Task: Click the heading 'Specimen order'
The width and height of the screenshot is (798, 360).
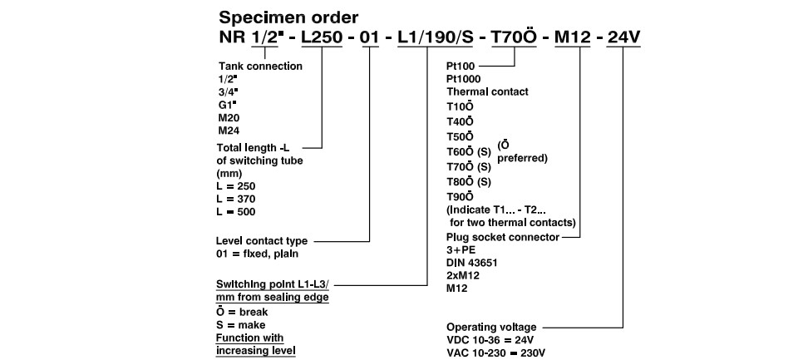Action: coord(288,18)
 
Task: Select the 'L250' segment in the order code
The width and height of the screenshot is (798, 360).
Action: coord(322,37)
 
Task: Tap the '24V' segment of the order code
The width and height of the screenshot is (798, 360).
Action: coord(624,37)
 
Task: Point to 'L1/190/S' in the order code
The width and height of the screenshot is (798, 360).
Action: coord(435,37)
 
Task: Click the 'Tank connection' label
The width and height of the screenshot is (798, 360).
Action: coord(260,67)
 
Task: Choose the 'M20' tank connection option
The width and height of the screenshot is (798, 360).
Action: coord(228,118)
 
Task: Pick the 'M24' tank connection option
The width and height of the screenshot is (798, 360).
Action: coord(228,131)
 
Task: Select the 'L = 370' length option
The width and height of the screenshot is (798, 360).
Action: coord(236,199)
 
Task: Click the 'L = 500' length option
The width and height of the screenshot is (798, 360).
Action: coord(236,212)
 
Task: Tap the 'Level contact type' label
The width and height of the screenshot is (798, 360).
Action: coord(262,241)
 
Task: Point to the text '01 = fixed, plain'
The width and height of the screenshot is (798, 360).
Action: coord(257,254)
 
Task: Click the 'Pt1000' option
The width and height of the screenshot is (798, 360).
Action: coord(463,79)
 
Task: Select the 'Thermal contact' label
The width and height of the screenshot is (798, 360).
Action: coord(488,91)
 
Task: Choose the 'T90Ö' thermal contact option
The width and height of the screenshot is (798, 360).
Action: coord(460,196)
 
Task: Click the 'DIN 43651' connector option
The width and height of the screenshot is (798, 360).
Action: coord(472,263)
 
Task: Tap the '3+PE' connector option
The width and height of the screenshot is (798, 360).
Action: coord(461,250)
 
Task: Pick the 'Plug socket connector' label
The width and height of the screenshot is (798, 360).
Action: coord(503,237)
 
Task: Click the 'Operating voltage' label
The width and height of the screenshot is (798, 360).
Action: coord(491,327)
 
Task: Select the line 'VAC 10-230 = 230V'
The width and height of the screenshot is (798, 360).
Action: coord(496,353)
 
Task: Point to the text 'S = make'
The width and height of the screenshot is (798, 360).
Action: coord(241,325)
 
